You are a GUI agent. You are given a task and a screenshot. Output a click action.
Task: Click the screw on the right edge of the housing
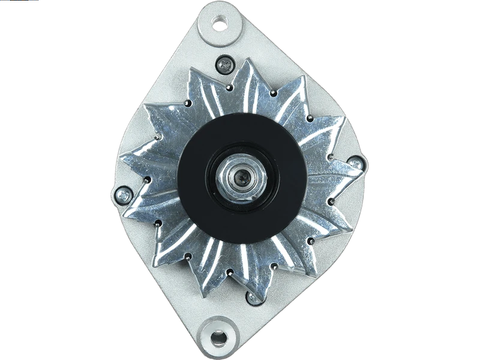click(x=356, y=163)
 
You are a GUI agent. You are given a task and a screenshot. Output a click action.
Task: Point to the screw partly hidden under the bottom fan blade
click(x=254, y=296)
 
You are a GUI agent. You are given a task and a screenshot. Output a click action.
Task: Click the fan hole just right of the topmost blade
click(x=274, y=94)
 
